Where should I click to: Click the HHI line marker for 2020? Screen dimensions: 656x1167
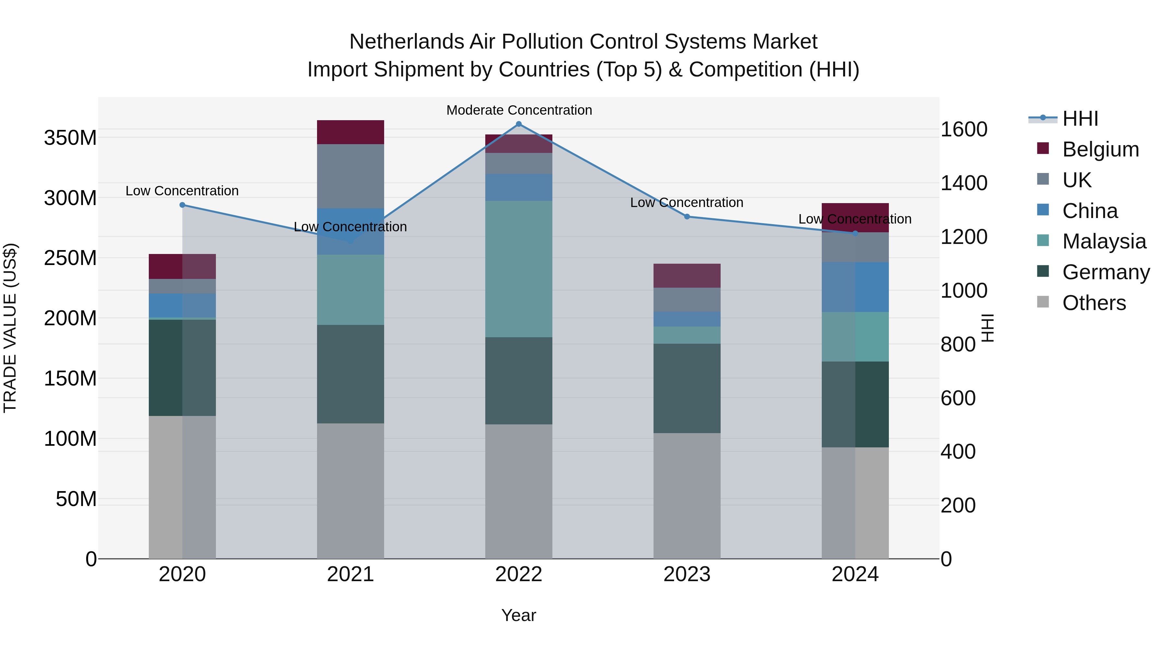(x=183, y=205)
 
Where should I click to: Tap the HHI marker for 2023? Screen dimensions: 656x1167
(x=687, y=217)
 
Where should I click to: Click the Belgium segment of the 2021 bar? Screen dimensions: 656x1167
(x=350, y=132)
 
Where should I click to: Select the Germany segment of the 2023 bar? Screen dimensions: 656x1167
(x=687, y=388)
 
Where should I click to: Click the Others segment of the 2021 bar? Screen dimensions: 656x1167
(x=350, y=491)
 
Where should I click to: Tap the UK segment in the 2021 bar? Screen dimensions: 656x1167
(x=350, y=176)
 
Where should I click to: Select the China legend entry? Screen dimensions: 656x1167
(x=1090, y=211)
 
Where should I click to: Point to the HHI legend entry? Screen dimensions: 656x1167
(x=1080, y=119)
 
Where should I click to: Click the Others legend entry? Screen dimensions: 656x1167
(x=1094, y=303)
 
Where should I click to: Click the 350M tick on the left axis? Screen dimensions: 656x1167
(x=70, y=138)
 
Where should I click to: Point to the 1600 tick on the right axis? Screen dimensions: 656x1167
(x=964, y=130)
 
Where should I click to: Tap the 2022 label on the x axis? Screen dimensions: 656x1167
(x=519, y=574)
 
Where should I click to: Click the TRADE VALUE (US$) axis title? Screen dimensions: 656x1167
(x=10, y=328)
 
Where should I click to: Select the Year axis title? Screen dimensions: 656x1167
(x=519, y=615)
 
